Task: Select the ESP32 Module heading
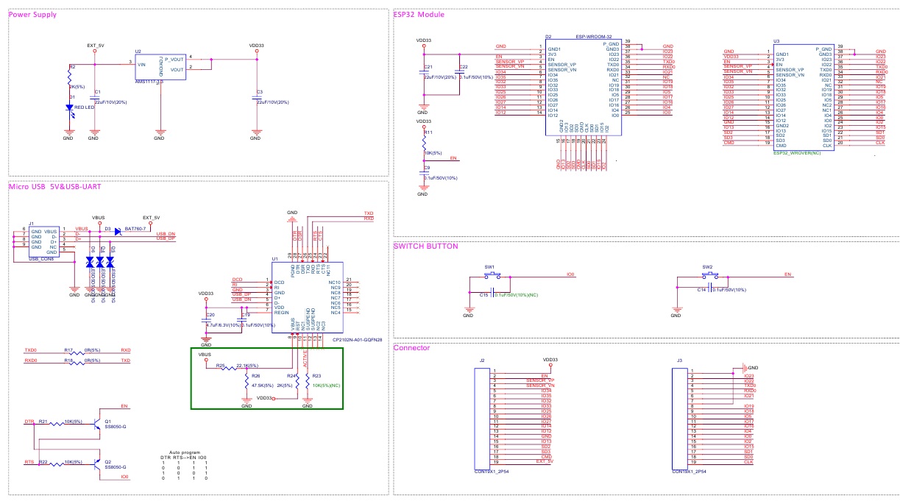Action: [x=419, y=15]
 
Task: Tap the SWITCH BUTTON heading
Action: [x=426, y=246]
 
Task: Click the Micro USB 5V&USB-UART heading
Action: [x=54, y=186]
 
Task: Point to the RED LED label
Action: [x=85, y=107]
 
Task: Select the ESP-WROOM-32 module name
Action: [x=595, y=37]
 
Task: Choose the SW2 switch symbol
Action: [x=708, y=275]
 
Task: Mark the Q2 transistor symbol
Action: [x=98, y=464]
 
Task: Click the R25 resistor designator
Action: [x=220, y=365]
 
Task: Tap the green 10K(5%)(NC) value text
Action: [x=326, y=385]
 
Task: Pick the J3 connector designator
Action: [x=679, y=361]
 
